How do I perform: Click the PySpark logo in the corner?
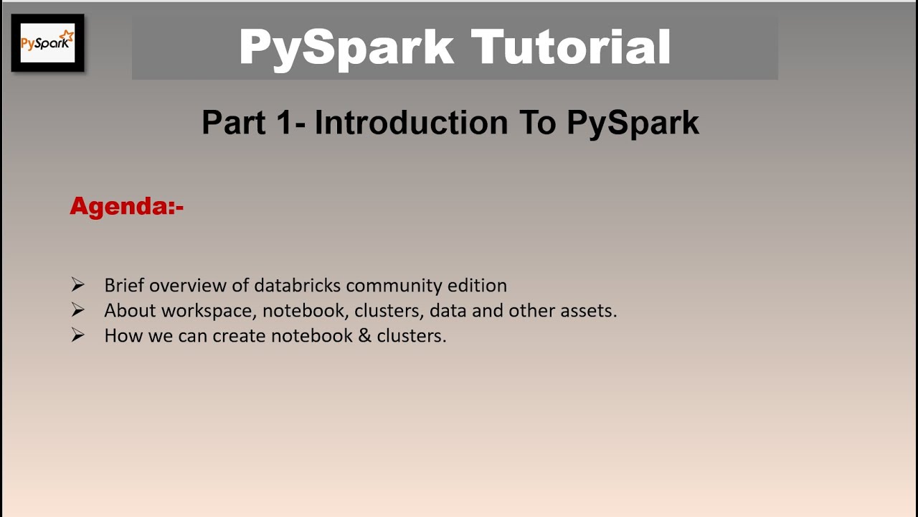coord(47,42)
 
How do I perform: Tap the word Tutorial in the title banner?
coord(570,47)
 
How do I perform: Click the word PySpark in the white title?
coord(346,47)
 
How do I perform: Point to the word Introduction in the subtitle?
coord(411,122)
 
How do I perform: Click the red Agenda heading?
coord(127,207)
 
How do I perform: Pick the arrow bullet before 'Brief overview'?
coord(78,285)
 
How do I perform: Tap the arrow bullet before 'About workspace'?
coord(78,310)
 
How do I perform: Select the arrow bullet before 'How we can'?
coord(78,335)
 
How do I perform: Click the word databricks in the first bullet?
coord(297,286)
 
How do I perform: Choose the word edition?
coord(477,286)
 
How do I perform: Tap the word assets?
coord(590,311)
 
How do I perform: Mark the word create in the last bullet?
coord(238,336)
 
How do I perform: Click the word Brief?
coord(124,286)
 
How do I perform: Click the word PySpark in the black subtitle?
coord(633,122)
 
